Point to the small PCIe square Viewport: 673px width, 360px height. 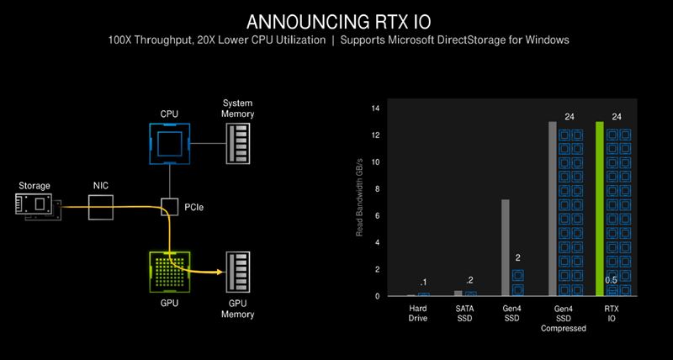(x=170, y=205)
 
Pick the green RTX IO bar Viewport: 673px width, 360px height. (x=600, y=209)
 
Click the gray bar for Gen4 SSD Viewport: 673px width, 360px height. (x=506, y=247)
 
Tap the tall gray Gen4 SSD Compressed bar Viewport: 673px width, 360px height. (x=553, y=209)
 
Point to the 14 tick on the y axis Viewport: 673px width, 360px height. (x=376, y=109)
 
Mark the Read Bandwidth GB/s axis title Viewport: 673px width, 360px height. (x=359, y=202)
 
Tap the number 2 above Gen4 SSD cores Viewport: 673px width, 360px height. (x=518, y=258)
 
